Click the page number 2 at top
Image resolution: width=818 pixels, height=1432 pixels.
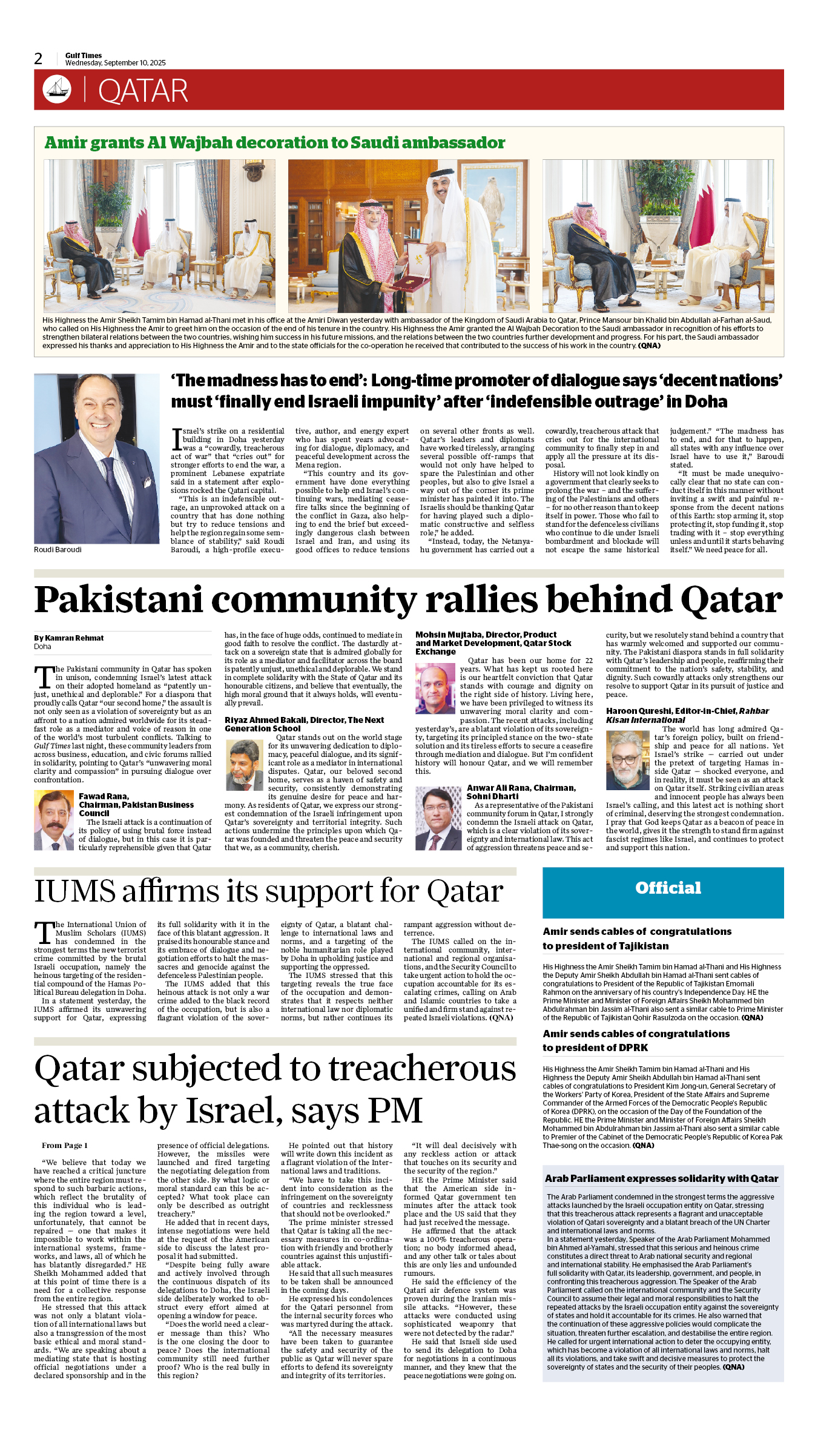[38, 59]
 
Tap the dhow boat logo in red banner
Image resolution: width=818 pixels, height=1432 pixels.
[57, 89]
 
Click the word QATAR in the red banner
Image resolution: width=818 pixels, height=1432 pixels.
[143, 91]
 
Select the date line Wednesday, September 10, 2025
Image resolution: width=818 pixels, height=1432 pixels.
[115, 63]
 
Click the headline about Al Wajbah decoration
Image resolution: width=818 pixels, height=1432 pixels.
[275, 143]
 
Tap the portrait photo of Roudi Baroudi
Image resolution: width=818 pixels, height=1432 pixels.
[96, 458]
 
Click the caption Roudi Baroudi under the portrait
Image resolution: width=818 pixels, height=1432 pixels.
[58, 550]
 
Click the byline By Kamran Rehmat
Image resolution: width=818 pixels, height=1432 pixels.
[68, 638]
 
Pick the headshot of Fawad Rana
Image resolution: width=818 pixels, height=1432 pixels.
[53, 820]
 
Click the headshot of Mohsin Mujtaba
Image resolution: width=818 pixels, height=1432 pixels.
[435, 688]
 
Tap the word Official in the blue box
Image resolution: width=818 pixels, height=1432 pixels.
[668, 888]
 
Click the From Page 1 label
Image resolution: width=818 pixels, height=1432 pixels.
[64, 1146]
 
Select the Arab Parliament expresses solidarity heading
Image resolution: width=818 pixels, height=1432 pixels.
[661, 1179]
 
